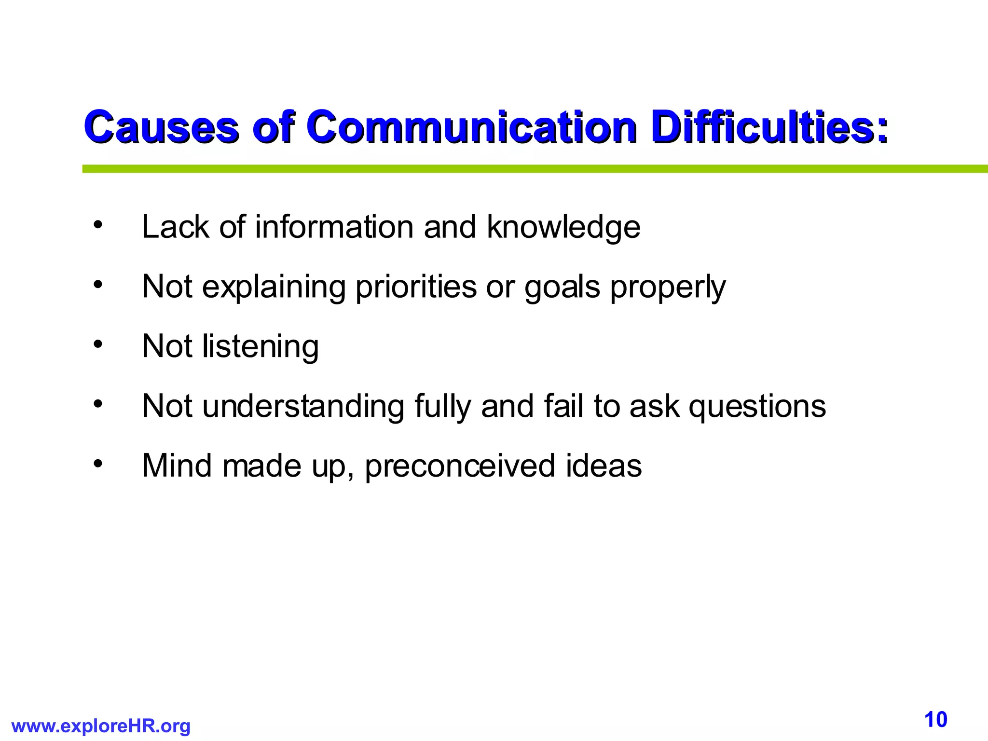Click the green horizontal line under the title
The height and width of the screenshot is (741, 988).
[x=531, y=169]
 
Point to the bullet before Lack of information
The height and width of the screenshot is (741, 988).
[x=98, y=225]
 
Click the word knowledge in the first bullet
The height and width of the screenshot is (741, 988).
[x=563, y=227]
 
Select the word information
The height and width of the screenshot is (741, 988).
[x=334, y=227]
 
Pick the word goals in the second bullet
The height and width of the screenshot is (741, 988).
[x=562, y=288]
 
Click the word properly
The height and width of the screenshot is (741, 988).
[x=668, y=288]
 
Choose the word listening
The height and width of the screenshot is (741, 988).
[x=261, y=347]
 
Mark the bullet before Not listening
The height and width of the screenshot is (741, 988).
[x=98, y=344]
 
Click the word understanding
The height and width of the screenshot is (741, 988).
[x=303, y=406]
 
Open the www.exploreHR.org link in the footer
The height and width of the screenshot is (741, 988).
[x=101, y=726]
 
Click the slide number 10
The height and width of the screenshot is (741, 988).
[x=936, y=720]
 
